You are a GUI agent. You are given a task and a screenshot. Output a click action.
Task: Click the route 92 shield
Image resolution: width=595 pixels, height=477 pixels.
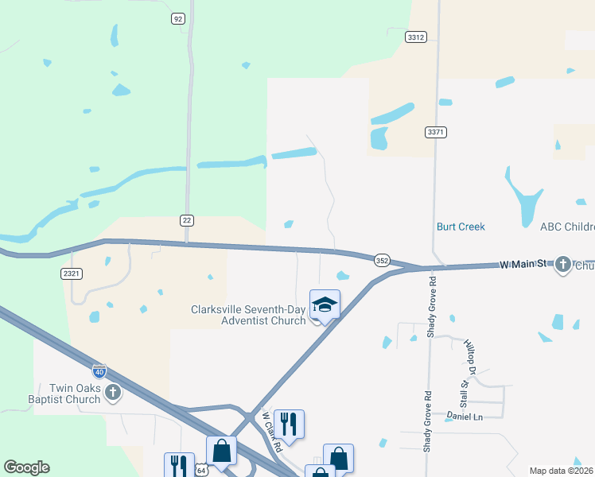[x=177, y=18]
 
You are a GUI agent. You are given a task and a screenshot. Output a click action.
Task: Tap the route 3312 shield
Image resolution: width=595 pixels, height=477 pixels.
[x=415, y=37]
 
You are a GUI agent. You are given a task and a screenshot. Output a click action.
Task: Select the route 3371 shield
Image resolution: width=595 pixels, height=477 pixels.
[x=435, y=132]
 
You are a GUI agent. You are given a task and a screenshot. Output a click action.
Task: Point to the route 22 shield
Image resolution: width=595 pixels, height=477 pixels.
[x=187, y=219]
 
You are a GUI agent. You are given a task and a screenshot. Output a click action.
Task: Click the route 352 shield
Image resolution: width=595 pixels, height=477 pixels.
[x=382, y=260]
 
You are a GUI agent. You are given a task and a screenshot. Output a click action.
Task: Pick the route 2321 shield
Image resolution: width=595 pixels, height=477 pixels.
[x=71, y=273]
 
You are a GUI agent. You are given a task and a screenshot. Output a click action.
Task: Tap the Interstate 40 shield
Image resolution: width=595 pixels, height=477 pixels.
[x=99, y=370]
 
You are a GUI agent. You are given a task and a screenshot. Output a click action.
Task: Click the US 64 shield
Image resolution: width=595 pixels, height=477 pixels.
[x=202, y=471]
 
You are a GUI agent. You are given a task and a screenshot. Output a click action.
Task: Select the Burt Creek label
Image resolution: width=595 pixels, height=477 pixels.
[x=461, y=227]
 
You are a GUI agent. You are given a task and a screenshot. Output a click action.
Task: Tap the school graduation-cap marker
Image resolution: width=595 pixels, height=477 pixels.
[x=325, y=304]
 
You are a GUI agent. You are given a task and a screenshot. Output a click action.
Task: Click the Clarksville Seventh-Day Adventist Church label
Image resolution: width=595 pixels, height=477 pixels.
[x=248, y=315]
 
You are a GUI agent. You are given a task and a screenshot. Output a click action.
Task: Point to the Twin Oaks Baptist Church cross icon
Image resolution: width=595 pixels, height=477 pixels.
[x=113, y=392]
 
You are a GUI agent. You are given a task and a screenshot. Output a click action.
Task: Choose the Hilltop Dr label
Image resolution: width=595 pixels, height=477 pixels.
[x=470, y=355]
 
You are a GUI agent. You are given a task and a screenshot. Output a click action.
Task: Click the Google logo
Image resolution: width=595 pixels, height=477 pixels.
[x=26, y=467]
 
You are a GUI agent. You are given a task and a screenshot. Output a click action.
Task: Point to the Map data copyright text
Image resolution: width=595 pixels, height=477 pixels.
[x=561, y=471]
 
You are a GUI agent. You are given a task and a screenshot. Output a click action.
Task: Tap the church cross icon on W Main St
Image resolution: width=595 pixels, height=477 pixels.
[x=563, y=264]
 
